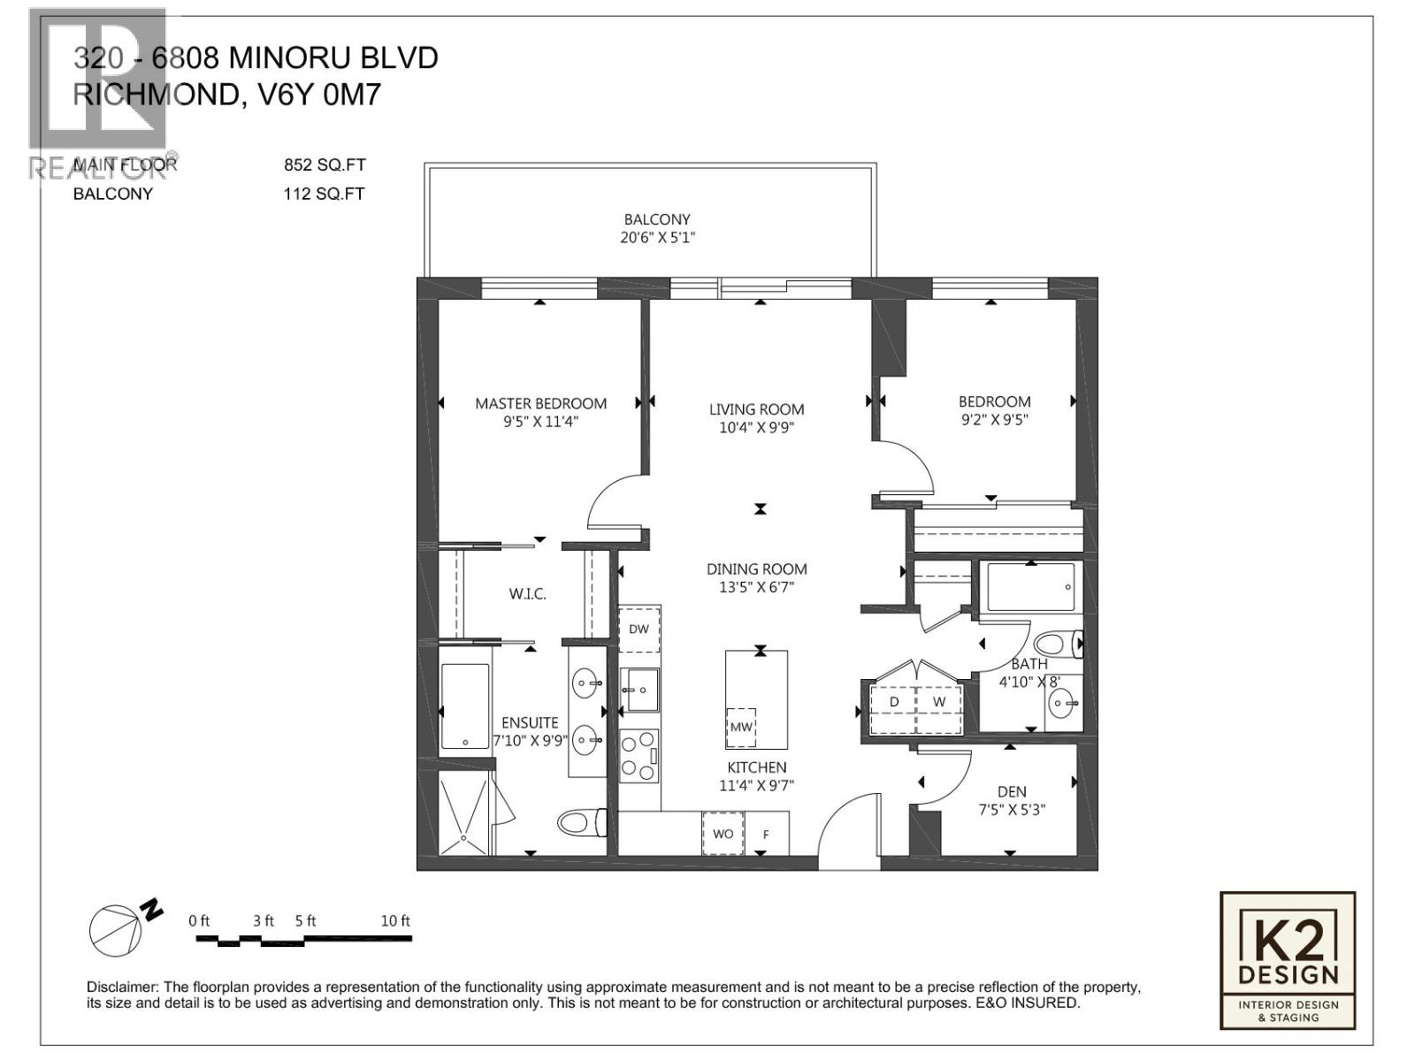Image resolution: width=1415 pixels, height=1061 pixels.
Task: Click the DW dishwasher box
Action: point(639,629)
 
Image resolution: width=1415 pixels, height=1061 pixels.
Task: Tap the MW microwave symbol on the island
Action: point(741,728)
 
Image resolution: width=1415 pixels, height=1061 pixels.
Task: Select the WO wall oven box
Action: point(723,834)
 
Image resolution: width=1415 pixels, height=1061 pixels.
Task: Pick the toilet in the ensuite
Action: point(582,822)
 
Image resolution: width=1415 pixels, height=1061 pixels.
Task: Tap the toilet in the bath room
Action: point(1058,644)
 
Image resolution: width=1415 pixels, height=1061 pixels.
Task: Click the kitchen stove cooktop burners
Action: point(639,756)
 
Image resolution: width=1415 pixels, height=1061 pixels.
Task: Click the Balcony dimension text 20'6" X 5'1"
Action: point(657,238)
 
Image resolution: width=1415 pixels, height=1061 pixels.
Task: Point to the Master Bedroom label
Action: point(541,404)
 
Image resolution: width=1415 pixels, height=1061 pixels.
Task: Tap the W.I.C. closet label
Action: point(527,594)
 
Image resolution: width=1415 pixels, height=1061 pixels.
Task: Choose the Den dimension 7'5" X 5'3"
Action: point(1012,810)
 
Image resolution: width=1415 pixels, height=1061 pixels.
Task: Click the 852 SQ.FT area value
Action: point(325,165)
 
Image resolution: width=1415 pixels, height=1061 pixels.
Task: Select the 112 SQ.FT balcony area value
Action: point(325,194)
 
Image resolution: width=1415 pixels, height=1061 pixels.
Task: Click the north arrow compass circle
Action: point(115,931)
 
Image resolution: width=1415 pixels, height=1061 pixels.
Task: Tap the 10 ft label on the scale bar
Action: point(395,920)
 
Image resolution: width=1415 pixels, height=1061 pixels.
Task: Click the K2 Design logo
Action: point(1288,960)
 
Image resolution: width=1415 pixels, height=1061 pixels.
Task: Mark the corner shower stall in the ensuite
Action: point(465,813)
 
